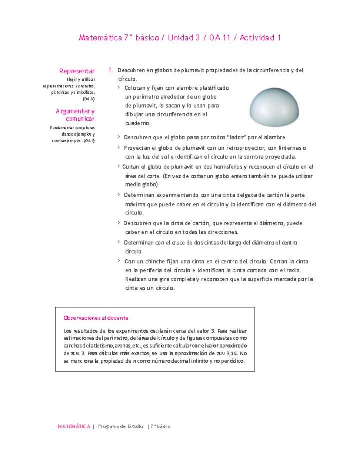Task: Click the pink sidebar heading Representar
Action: point(77,71)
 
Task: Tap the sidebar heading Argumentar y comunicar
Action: point(76,115)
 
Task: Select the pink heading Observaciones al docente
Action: point(96,318)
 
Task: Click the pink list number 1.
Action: point(110,70)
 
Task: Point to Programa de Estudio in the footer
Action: point(120,427)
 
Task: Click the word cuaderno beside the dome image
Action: point(137,123)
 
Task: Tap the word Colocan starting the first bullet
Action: point(135,87)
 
